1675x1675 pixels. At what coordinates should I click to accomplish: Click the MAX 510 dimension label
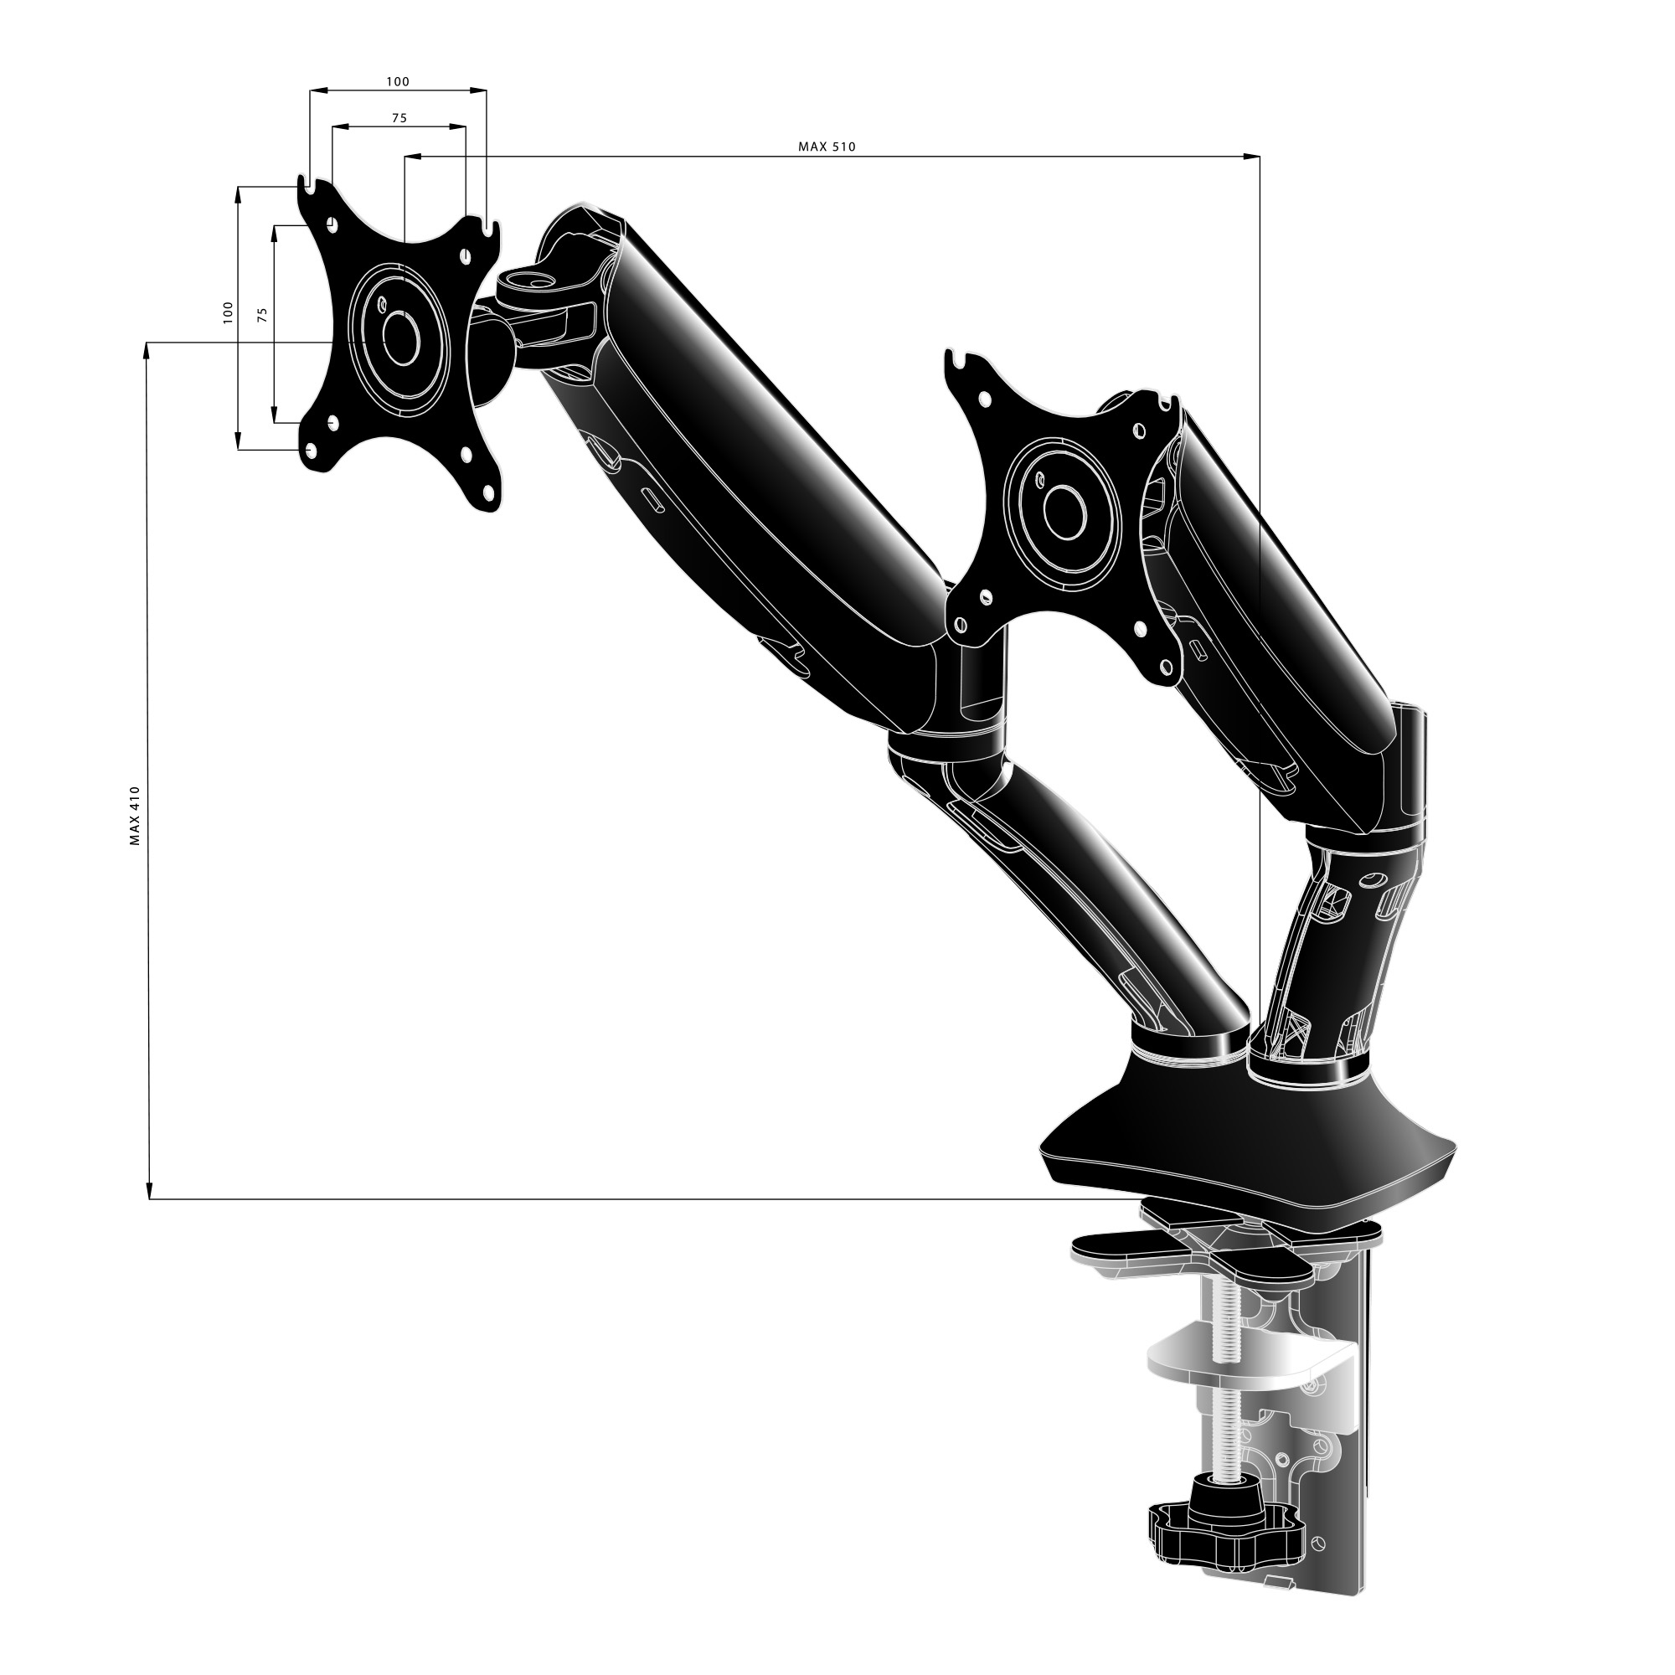pyautogui.click(x=827, y=147)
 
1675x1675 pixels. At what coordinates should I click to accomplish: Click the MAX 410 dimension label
pyautogui.click(x=134, y=816)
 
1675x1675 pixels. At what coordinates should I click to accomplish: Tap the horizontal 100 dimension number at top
pyautogui.click(x=397, y=81)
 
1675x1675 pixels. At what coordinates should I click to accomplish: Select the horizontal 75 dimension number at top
pyautogui.click(x=399, y=118)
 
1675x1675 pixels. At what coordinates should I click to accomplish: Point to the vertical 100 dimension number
pyautogui.click(x=228, y=312)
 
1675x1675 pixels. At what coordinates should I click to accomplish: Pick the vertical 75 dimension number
pyautogui.click(x=263, y=315)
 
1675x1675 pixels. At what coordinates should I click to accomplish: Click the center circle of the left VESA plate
pyautogui.click(x=400, y=338)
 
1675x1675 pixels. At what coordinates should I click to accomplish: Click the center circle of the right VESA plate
pyautogui.click(x=1065, y=513)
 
